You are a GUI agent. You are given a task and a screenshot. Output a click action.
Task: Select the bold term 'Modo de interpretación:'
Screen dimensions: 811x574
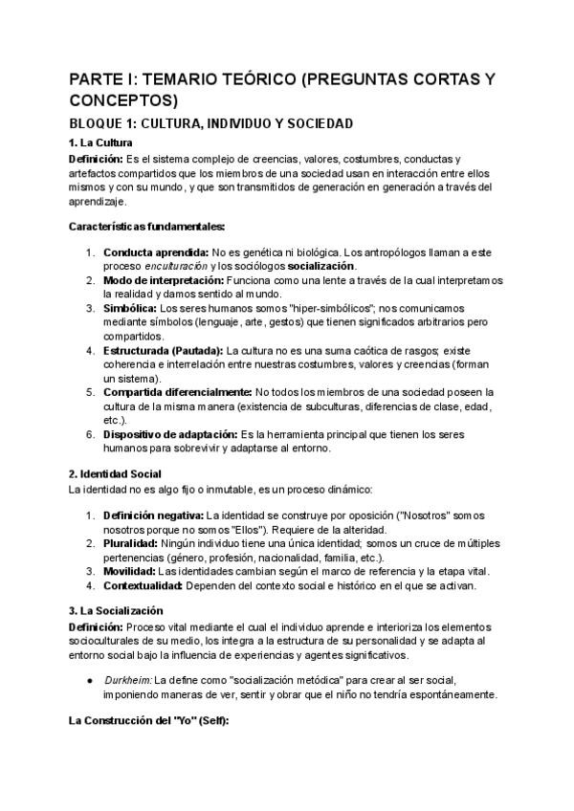point(164,279)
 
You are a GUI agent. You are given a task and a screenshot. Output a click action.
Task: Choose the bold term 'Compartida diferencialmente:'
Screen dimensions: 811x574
point(178,392)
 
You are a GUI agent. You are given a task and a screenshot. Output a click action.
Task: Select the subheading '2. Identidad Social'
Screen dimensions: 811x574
point(116,473)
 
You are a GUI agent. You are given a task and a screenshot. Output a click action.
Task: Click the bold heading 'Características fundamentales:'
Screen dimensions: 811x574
point(147,226)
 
